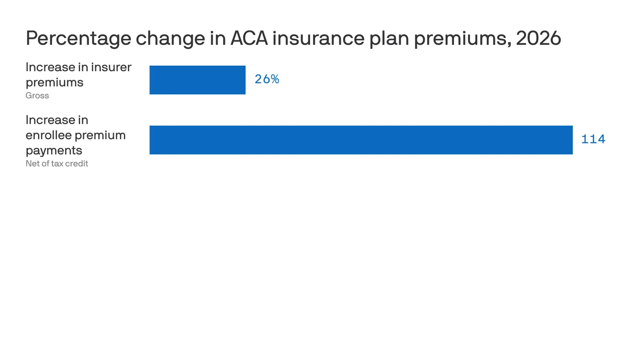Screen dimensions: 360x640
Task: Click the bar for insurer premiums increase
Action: [x=197, y=80]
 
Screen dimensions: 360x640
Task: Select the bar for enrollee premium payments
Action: [x=361, y=140]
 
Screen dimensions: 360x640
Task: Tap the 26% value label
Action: [x=267, y=79]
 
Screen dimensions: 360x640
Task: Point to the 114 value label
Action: [x=593, y=139]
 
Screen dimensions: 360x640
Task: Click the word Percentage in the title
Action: [x=78, y=38]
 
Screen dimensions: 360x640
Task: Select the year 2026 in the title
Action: [x=538, y=38]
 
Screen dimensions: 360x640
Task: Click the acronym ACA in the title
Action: [x=249, y=38]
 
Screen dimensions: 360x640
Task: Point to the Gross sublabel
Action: [x=37, y=96]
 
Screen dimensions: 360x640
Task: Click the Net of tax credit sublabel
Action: [x=57, y=164]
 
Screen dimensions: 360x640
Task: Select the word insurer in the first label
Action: [x=111, y=67]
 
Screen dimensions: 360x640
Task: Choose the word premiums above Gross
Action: [x=54, y=82]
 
